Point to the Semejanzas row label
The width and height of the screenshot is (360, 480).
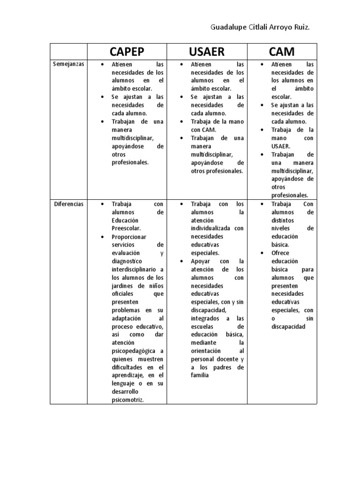pyautogui.click(x=68, y=64)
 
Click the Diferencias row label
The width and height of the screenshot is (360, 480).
pyautogui.click(x=68, y=204)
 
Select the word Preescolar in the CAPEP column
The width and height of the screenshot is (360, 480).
pyautogui.click(x=126, y=228)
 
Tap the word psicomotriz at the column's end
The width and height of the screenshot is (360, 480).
pyautogui.click(x=127, y=399)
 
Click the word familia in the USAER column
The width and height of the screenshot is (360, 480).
pyautogui.click(x=200, y=375)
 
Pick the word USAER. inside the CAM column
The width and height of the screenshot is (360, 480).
pyautogui.click(x=281, y=146)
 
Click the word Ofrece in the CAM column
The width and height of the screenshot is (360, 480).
pyautogui.click(x=280, y=253)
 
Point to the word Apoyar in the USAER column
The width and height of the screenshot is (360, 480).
pyautogui.click(x=201, y=261)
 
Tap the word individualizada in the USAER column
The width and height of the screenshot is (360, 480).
pyautogui.click(x=210, y=228)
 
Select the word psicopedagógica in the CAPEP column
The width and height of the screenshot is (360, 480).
pyautogui.click(x=135, y=351)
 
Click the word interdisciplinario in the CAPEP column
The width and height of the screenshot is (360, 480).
pyautogui.click(x=135, y=270)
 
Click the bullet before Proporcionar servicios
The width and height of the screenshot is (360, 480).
pyautogui.click(x=102, y=237)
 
